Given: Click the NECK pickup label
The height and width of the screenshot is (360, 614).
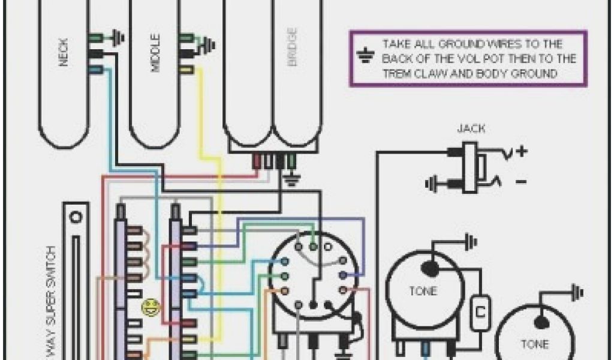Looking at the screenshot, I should (64, 53).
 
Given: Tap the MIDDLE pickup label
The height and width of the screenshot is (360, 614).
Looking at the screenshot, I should (155, 58).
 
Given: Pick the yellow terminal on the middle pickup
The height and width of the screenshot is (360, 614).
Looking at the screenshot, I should (186, 70).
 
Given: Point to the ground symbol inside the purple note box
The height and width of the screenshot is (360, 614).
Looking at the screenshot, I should (363, 58).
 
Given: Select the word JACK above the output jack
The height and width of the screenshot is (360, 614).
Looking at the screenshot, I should (471, 128).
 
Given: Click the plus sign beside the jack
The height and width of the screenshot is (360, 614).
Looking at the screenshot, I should (521, 151).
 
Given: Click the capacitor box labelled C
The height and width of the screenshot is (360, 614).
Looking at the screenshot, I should (480, 312).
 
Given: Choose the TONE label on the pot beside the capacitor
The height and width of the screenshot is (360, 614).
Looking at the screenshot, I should (423, 292).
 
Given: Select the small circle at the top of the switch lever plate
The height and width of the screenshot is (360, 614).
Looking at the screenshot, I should (76, 215).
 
